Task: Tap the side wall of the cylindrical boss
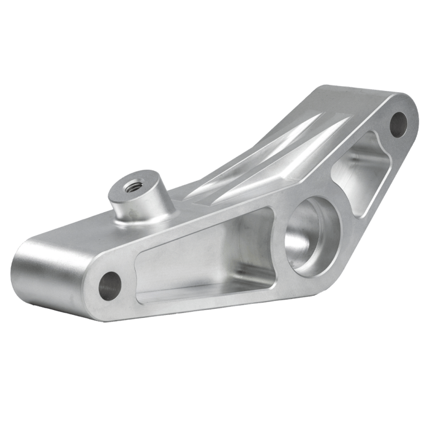130,208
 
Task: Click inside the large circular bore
306,237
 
